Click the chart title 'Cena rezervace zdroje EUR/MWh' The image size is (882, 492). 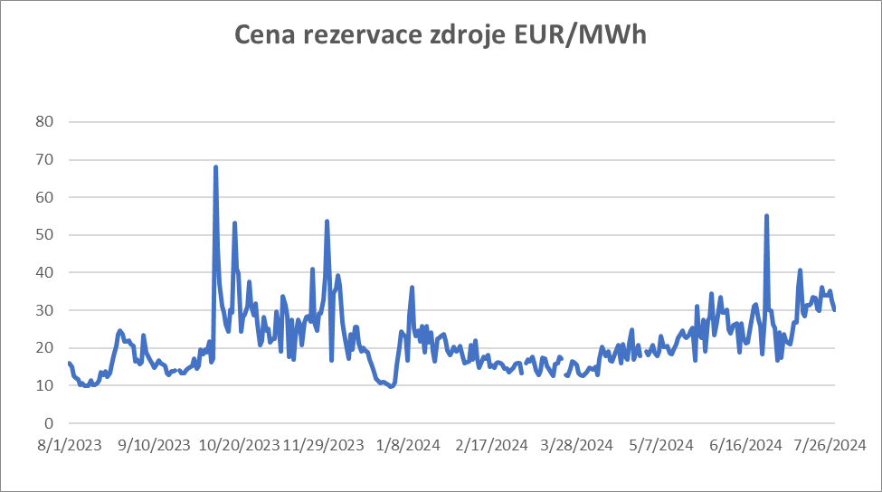(441, 35)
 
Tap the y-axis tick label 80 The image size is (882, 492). (44, 122)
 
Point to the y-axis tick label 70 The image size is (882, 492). (44, 160)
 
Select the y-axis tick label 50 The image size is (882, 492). (44, 235)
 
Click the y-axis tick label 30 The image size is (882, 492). (44, 310)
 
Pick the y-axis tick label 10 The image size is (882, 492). (44, 386)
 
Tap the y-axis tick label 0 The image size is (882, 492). (49, 423)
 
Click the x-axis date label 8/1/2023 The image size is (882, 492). (69, 445)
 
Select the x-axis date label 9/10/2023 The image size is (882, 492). (154, 445)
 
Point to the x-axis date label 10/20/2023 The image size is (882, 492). (239, 445)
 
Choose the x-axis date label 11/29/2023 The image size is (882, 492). (323, 445)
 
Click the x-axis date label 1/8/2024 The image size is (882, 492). (408, 445)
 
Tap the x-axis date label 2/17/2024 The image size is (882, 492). (492, 445)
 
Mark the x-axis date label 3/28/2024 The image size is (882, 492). (577, 445)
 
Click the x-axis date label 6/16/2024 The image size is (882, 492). (746, 445)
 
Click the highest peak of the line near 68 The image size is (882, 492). (215, 167)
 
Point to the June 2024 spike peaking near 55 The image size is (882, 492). (766, 216)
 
